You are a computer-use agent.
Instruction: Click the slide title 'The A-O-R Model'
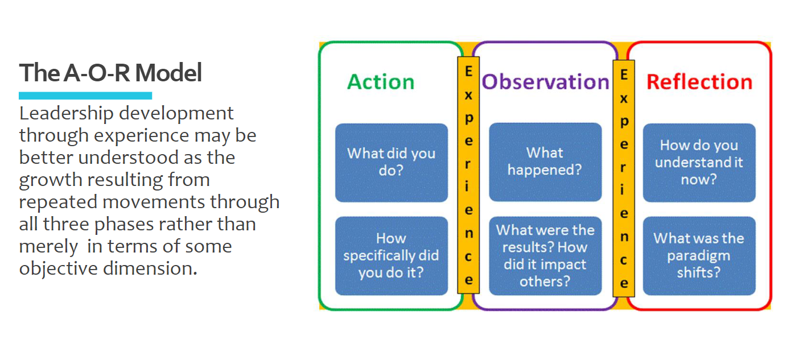(110, 73)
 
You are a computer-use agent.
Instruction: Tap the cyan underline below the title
(85, 96)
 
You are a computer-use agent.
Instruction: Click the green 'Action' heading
(381, 82)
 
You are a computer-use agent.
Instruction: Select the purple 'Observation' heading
(545, 82)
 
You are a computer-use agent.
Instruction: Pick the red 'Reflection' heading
(699, 82)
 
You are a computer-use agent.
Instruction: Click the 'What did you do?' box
(391, 162)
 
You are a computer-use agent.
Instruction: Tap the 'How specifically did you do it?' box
(391, 255)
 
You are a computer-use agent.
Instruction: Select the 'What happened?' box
(545, 162)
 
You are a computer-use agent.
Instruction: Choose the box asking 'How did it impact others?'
(545, 255)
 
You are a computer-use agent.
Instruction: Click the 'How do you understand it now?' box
(699, 162)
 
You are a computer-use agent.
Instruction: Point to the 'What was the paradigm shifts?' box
(699, 255)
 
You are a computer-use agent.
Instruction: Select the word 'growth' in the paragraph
(47, 180)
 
